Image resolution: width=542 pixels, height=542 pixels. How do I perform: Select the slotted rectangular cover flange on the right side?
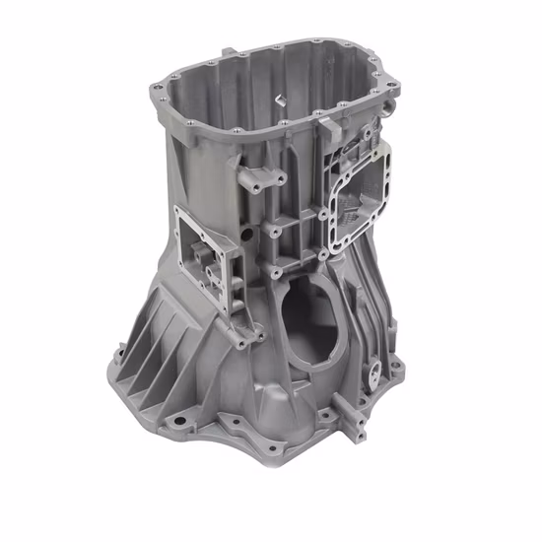point(357,187)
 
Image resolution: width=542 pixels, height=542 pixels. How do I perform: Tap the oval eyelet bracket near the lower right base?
point(375,375)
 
